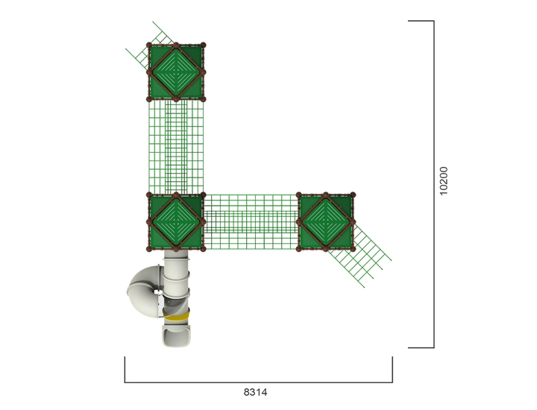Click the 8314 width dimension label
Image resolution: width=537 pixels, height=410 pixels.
[255, 392]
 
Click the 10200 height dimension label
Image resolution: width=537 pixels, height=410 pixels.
[444, 181]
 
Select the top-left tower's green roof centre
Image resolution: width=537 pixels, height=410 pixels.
[176, 72]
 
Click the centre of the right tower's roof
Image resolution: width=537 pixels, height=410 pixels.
[326, 222]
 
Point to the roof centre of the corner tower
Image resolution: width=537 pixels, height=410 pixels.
[176, 222]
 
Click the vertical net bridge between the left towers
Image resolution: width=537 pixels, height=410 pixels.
[176, 146]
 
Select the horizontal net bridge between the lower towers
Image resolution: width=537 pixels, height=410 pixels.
[251, 222]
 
